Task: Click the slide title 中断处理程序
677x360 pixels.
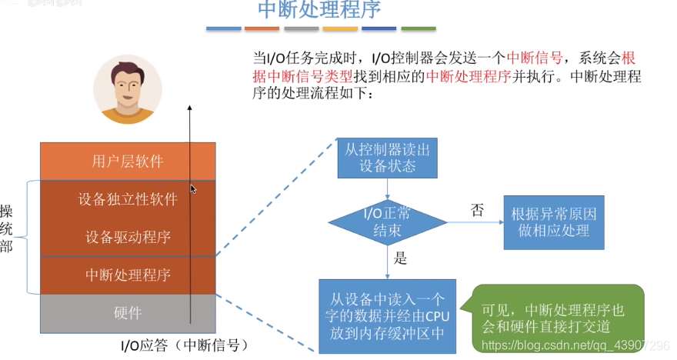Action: point(318,10)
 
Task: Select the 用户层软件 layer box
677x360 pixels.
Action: point(128,162)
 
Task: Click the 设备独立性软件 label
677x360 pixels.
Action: point(128,200)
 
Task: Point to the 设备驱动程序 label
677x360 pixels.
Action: point(128,237)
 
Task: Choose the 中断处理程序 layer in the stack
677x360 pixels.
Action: point(128,275)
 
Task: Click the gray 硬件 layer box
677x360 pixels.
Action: point(128,312)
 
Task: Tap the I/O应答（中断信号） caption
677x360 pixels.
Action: point(185,344)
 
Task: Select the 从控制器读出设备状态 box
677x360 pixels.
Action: point(387,157)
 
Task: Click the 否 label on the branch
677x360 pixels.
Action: point(477,210)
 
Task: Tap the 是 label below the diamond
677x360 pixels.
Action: point(400,258)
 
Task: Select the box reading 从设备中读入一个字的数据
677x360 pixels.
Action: point(388,315)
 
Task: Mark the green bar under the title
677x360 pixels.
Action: point(419,29)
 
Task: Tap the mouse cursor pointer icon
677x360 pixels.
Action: point(193,188)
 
